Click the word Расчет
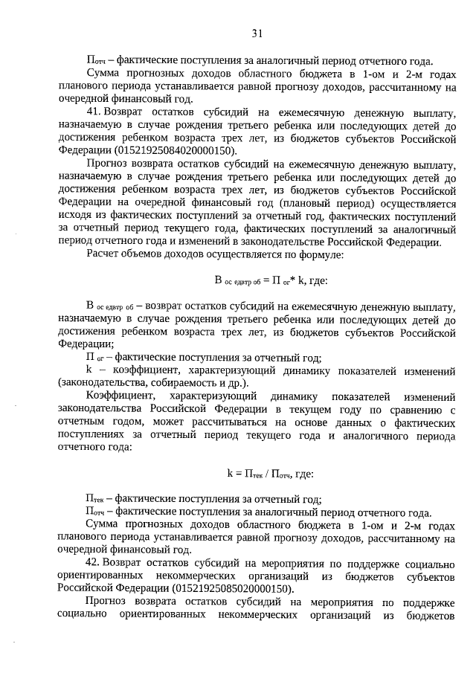point(103,255)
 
